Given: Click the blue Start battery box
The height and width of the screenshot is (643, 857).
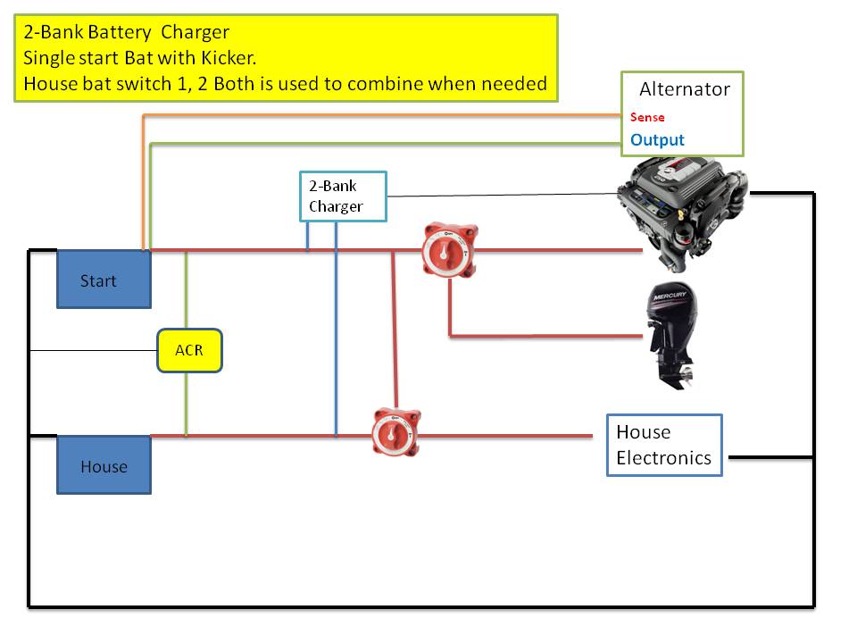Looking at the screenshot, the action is tap(104, 280).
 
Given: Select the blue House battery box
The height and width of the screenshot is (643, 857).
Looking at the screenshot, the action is tap(104, 464).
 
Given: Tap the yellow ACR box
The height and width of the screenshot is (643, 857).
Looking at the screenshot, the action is tap(189, 350).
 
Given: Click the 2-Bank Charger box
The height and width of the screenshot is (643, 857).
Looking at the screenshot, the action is tap(343, 196).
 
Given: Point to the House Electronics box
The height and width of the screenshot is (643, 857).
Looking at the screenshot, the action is tap(664, 445).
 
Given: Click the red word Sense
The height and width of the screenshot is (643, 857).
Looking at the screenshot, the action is tap(647, 117).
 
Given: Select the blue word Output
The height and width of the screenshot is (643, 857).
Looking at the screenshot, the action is tap(657, 140).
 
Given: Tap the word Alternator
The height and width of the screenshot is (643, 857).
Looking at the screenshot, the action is tap(685, 89).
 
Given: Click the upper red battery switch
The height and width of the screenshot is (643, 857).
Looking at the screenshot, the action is tap(450, 250).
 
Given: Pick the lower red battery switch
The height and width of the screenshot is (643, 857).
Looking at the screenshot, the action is tap(396, 432).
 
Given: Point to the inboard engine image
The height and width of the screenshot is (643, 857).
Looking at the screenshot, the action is tap(682, 213).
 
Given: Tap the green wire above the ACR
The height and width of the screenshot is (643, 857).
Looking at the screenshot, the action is tap(187, 289).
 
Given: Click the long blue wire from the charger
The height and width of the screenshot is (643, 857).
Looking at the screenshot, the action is tap(337, 329).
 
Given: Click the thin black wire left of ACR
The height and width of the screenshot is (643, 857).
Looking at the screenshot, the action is tap(94, 350).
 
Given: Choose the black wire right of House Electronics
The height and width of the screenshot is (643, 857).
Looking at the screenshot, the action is tap(771, 457).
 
